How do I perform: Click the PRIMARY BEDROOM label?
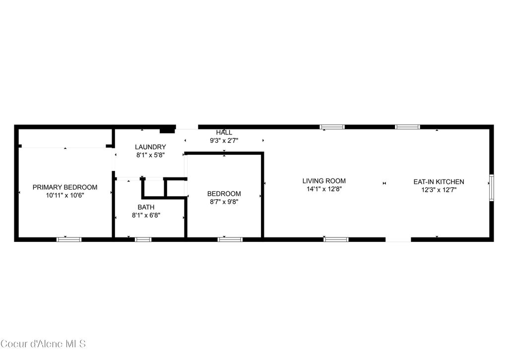coord(65,187)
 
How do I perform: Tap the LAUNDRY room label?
coord(150,147)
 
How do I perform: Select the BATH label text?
coord(146,207)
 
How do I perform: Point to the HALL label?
coord(224,132)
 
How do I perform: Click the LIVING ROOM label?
coord(324,181)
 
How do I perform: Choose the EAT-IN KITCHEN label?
coord(439,181)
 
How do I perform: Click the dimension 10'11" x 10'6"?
coord(65,195)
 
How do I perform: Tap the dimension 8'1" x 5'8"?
coord(150,155)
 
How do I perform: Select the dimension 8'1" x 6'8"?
coord(146,215)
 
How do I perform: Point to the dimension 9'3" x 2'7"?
coord(224,140)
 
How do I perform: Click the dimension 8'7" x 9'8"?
coord(224,202)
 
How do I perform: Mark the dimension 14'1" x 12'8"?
coord(324,189)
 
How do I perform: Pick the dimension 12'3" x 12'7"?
coord(439,189)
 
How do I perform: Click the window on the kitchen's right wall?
coord(492,187)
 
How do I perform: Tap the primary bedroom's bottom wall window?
coord(69,240)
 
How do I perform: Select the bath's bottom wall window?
coord(143,240)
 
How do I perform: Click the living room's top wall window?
coord(332,127)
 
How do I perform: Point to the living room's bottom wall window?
coord(336,240)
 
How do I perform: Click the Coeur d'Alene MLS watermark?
coord(43,343)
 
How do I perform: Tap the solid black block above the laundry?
coord(167,130)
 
